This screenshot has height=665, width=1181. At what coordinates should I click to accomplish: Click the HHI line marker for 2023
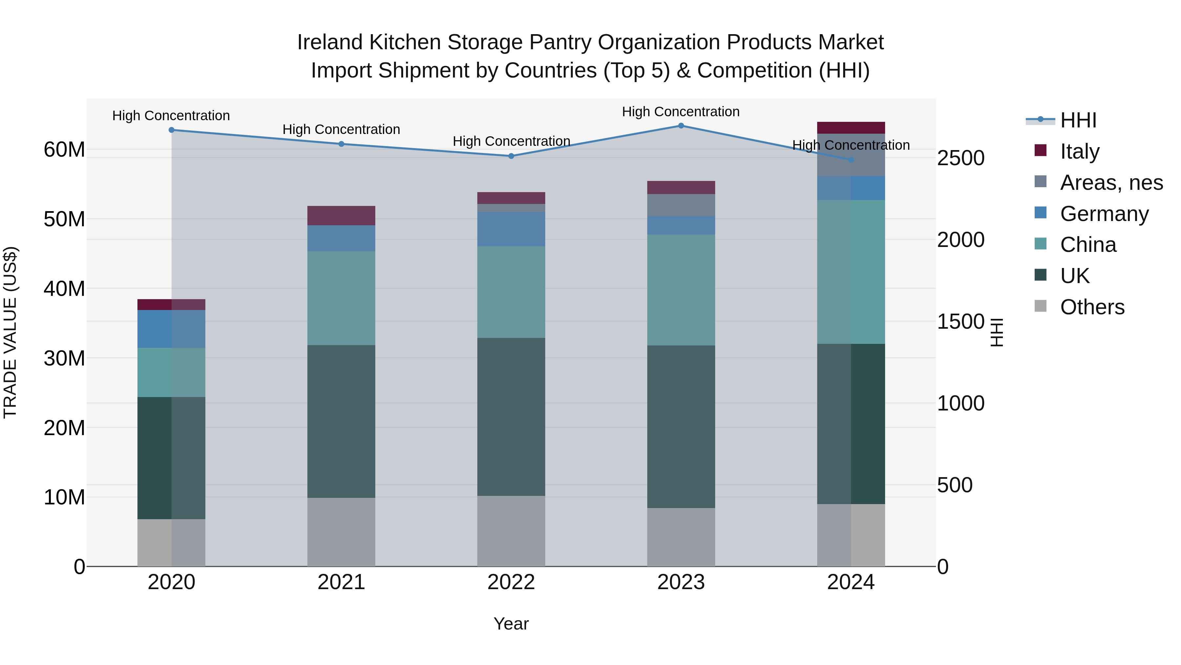point(681,126)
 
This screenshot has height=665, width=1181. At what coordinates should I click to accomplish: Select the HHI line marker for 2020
point(172,130)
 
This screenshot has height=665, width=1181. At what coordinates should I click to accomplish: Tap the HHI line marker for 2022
point(511,156)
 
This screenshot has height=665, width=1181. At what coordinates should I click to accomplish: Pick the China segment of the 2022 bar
point(511,292)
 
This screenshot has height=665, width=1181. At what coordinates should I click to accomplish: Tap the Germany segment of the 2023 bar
point(681,225)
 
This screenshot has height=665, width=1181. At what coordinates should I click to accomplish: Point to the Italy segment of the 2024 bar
point(851,128)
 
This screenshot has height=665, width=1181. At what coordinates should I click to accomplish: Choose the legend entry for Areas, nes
point(1111,183)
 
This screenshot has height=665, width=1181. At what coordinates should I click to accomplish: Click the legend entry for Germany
point(1104,214)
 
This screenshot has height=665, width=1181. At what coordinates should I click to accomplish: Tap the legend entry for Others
point(1092,307)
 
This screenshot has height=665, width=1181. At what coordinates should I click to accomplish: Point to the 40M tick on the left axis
point(64,289)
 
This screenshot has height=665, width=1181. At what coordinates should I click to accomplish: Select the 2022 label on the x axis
point(511,582)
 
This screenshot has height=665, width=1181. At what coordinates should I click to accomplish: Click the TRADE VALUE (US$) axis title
point(10,332)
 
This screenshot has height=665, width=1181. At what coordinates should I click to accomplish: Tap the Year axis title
point(511,624)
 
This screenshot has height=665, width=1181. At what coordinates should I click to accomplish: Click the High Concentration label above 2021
point(341,129)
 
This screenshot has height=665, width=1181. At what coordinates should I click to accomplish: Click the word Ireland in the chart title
point(330,42)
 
